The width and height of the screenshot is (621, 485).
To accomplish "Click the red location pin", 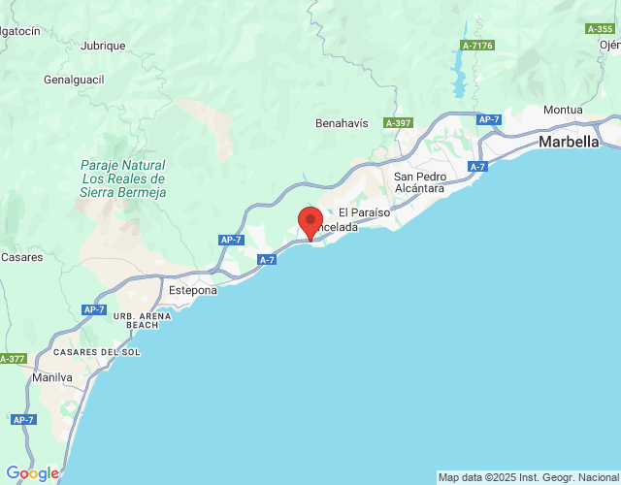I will click(310, 222).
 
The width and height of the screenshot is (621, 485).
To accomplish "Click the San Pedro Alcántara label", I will click(419, 182).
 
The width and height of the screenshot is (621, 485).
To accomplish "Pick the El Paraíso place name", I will click(363, 211).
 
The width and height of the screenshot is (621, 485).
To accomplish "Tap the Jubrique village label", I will click(104, 46).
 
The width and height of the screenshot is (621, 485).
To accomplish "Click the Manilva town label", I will click(52, 376).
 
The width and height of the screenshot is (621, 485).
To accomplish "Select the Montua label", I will click(563, 110).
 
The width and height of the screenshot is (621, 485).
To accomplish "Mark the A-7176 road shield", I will click(477, 46).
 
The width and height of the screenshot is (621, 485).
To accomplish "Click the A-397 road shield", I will click(398, 123).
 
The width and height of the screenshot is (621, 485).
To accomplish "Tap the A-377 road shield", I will click(12, 359).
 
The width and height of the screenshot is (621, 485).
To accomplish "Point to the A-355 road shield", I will click(601, 29).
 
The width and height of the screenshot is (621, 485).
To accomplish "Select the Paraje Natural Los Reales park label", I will click(123, 178).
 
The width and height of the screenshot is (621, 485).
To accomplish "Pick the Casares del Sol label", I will click(96, 351).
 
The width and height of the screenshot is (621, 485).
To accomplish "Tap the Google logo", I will click(31, 473).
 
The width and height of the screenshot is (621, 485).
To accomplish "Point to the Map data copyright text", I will click(528, 477).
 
